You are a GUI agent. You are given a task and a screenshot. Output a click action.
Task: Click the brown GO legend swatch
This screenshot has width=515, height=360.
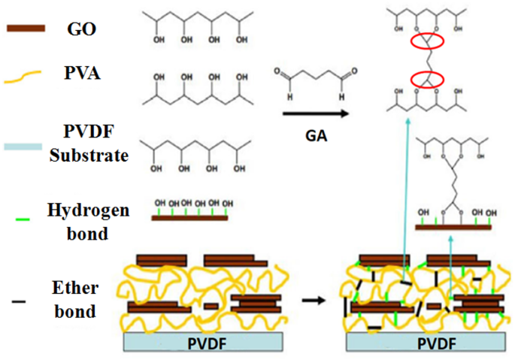click(x=27, y=28)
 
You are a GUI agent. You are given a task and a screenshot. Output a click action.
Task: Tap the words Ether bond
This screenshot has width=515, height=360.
click(x=75, y=298)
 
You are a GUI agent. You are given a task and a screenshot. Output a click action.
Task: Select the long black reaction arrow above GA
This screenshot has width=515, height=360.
click(x=308, y=114)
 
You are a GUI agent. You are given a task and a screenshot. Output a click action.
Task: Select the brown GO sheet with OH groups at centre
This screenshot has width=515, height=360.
click(x=190, y=217)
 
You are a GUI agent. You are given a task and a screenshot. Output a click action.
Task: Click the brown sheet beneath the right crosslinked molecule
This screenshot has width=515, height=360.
click(x=453, y=225)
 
